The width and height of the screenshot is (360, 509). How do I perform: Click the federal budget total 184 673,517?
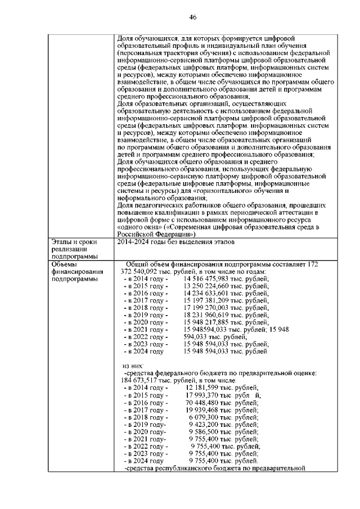[x=141, y=380]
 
